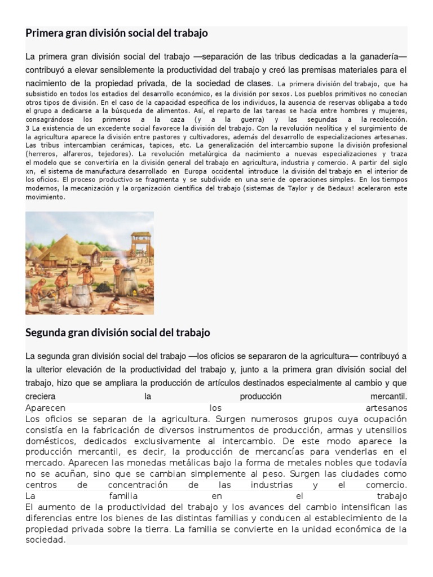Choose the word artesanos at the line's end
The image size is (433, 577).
(x=386, y=407)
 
